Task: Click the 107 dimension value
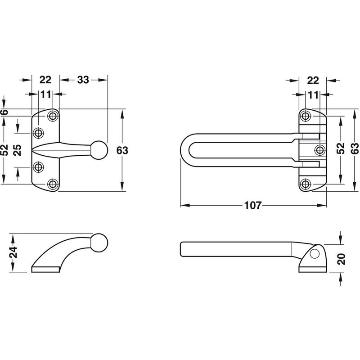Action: pos(253,205)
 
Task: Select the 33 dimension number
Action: pos(83,80)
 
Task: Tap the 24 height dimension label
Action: pos(14,252)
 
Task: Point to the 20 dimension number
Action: pos(342,259)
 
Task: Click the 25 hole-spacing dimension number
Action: pos(18,150)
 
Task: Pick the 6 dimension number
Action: pos(4,112)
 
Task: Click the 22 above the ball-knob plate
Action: pos(45,80)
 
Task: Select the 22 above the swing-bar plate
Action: pos(313,81)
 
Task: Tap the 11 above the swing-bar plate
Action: pos(313,95)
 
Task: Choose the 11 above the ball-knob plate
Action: pos(45,94)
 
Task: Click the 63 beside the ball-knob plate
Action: pos(122,151)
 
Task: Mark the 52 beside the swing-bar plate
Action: pos(341,148)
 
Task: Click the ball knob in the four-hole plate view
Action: pos(99,150)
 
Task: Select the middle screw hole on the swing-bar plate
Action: pos(320,150)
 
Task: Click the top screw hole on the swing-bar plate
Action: pos(306,116)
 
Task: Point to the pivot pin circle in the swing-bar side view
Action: pos(314,254)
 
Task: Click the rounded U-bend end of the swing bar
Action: pos(185,150)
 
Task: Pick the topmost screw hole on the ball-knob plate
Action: pos(53,116)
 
